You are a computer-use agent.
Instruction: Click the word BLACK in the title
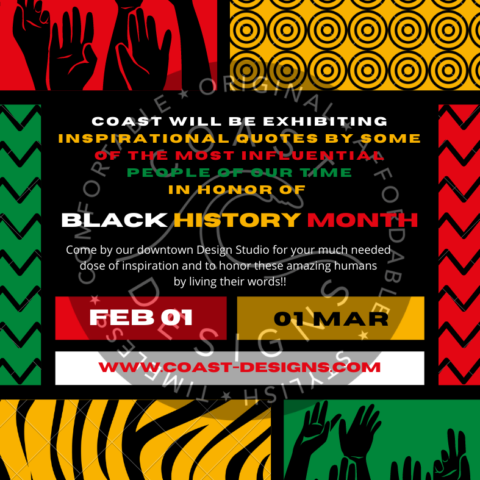coord(114,220)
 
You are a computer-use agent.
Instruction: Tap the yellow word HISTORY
coord(237,220)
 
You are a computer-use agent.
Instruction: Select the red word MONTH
coord(363,220)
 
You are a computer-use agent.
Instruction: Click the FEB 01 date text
coord(141,317)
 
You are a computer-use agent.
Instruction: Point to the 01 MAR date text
coord(331,319)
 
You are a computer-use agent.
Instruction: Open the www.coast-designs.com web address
coord(239,367)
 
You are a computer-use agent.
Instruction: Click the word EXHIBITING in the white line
coord(325,121)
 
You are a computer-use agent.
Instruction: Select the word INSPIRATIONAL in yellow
coord(143,138)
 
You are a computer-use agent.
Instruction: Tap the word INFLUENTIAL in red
coord(312,156)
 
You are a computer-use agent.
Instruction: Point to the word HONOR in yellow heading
coord(235,190)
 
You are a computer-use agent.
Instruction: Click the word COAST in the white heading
coord(127,121)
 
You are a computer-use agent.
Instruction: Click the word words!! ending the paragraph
coord(267,281)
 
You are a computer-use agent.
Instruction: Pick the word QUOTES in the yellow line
coord(277,138)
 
